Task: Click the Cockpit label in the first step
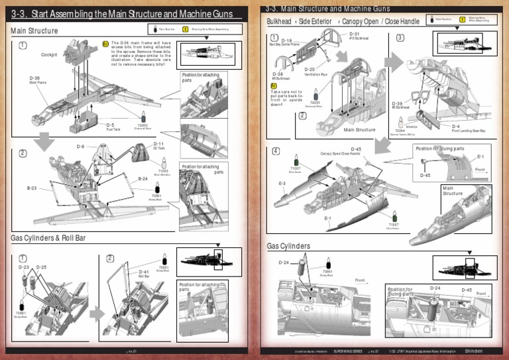pyautogui.click(x=48, y=54)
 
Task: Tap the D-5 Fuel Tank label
pyautogui.click(x=111, y=126)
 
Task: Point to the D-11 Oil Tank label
pyautogui.click(x=159, y=145)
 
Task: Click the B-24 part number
pyautogui.click(x=142, y=178)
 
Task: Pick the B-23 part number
pyautogui.click(x=32, y=188)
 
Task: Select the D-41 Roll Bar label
pyautogui.click(x=144, y=273)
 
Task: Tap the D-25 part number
pyautogui.click(x=41, y=267)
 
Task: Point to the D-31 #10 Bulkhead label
pyautogui.click(x=354, y=35)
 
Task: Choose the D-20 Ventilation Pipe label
pyautogui.click(x=310, y=70)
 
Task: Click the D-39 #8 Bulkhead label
pyautogui.click(x=397, y=105)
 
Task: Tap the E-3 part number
pyautogui.click(x=282, y=183)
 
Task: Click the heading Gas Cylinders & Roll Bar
pyautogui.click(x=48, y=238)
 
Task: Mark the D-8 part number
pyautogui.click(x=80, y=146)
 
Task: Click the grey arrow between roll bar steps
pyautogui.click(x=97, y=313)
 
